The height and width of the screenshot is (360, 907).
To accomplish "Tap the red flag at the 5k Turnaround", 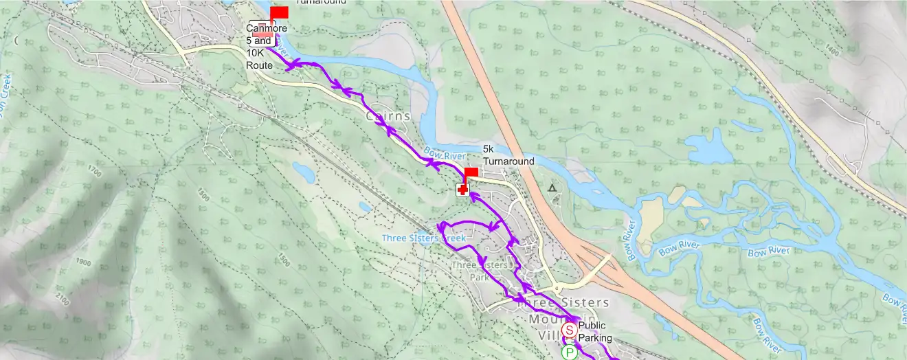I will coord(471,172).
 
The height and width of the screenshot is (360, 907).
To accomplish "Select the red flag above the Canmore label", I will coord(279,12).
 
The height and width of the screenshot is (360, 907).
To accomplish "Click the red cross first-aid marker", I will coord(462,190).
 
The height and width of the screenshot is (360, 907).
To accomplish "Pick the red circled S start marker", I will coord(569,330).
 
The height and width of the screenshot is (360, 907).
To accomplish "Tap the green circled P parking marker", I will coord(569,353).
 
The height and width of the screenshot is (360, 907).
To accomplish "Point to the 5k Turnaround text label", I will coord(508,155).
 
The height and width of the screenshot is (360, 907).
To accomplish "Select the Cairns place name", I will coord(388,117).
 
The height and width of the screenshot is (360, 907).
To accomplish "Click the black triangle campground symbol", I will coord(551,187).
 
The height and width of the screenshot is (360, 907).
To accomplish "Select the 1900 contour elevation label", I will coord(84,262).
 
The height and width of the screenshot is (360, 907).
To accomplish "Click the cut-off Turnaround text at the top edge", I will coord(321,2).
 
